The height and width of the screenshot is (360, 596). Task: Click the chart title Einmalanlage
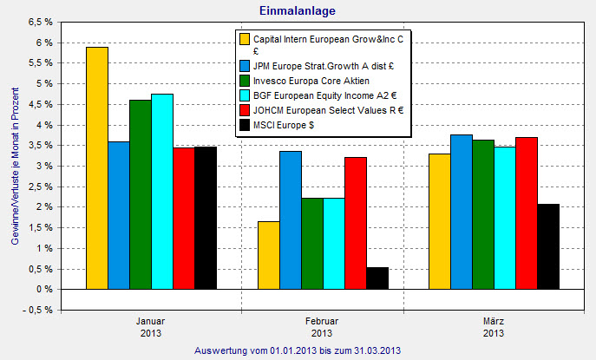point(298,10)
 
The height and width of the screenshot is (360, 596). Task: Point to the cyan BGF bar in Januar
point(161,191)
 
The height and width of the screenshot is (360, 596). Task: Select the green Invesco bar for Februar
point(312,243)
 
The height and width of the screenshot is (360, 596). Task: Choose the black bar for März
point(549,246)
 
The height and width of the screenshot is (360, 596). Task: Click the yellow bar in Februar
point(269,255)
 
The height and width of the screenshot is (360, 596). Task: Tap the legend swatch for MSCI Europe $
point(245,127)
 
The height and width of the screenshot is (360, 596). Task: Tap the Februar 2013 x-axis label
point(322,327)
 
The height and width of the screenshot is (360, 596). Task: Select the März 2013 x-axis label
point(493,327)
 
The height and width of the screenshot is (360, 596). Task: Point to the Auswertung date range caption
point(298,350)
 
